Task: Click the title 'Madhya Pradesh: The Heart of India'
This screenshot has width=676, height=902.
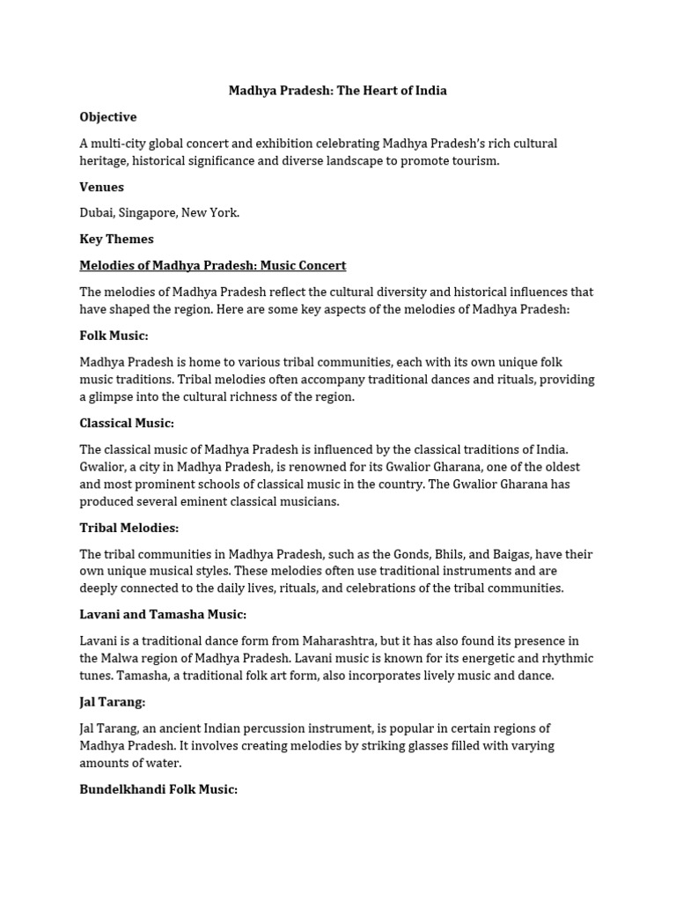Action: pos(338,91)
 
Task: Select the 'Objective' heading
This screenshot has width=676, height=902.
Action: pos(108,117)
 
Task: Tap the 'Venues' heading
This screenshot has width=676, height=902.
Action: pos(101,187)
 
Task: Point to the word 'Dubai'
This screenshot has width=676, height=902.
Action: pos(97,212)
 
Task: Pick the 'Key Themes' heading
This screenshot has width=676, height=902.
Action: pos(116,239)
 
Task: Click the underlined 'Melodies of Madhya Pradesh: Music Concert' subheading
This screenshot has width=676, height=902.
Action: pos(213,265)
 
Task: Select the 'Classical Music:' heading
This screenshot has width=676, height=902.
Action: pos(127,423)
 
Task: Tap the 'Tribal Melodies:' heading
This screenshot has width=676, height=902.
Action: pos(129,528)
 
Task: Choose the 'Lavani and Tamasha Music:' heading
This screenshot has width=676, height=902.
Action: pos(163,614)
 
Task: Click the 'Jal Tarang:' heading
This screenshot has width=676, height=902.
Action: pos(112,702)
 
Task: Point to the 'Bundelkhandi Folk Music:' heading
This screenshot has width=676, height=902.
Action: pos(158,789)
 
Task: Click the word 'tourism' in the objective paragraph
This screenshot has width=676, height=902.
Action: pos(476,160)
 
